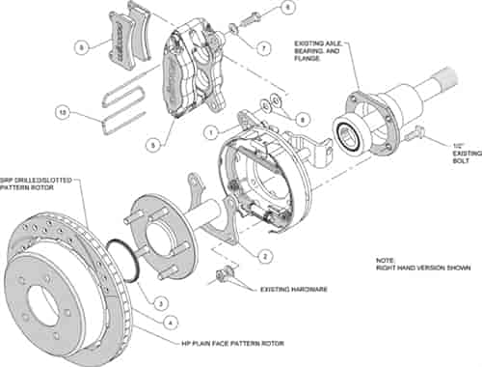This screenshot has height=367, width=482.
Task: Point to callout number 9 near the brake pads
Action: [x=81, y=45]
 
